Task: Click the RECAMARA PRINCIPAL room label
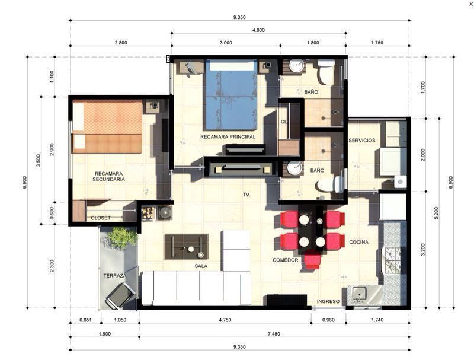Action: point(228,137)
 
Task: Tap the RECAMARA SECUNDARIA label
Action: point(108,176)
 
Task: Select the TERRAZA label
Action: point(115,276)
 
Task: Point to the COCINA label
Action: point(358,242)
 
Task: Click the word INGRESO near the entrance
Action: point(328,301)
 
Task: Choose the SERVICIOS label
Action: point(362,141)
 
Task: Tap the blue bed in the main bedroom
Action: point(232,95)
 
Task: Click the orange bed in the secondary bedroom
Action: point(107,127)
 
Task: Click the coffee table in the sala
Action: point(187,247)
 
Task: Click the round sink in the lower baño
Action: point(294,168)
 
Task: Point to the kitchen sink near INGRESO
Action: point(359,294)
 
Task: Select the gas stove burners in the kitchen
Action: point(392,260)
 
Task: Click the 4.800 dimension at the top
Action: point(258,30)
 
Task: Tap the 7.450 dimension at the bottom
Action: point(274,334)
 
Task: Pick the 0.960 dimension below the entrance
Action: point(328,320)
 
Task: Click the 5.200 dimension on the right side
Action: point(436,214)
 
